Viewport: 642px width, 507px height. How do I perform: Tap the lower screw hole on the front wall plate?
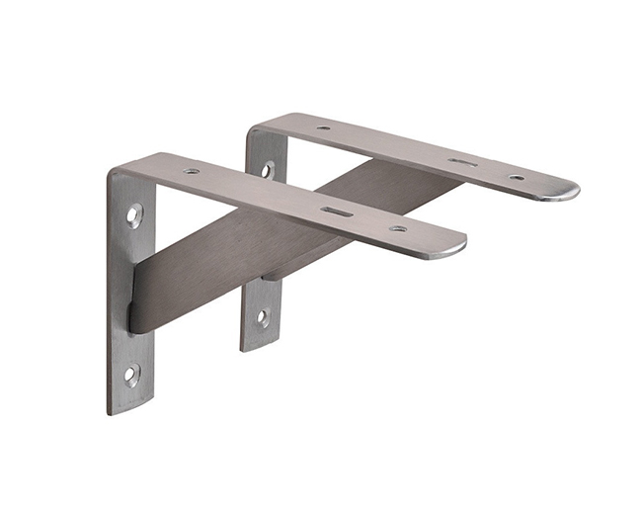tap(131, 373)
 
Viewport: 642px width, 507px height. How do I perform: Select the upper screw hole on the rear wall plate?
tap(267, 169)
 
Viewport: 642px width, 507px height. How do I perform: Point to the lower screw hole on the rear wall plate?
tap(263, 317)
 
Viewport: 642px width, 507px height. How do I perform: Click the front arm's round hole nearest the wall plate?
tap(191, 171)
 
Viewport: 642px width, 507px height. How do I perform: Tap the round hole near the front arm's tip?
tap(398, 229)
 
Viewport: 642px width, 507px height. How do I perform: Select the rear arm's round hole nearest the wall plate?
tap(324, 127)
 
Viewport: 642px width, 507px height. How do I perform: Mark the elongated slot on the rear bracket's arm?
tap(461, 161)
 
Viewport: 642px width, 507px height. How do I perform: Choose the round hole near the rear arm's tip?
tap(517, 178)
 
